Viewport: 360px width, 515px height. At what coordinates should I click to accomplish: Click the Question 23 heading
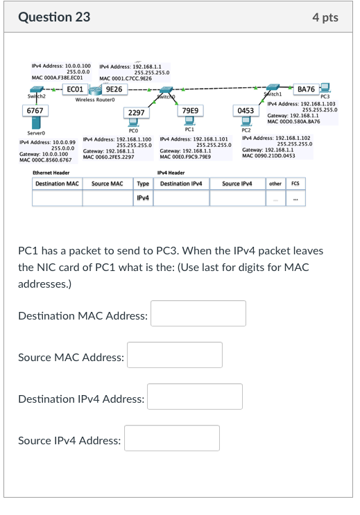(54, 17)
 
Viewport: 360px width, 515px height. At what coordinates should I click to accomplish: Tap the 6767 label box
(35, 111)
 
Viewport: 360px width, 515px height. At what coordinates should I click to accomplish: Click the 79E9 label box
(190, 111)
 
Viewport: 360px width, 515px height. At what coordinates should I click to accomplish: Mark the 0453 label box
(246, 111)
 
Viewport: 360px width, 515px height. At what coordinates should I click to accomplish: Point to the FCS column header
(296, 184)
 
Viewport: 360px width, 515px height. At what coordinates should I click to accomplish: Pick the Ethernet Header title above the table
(51, 173)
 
